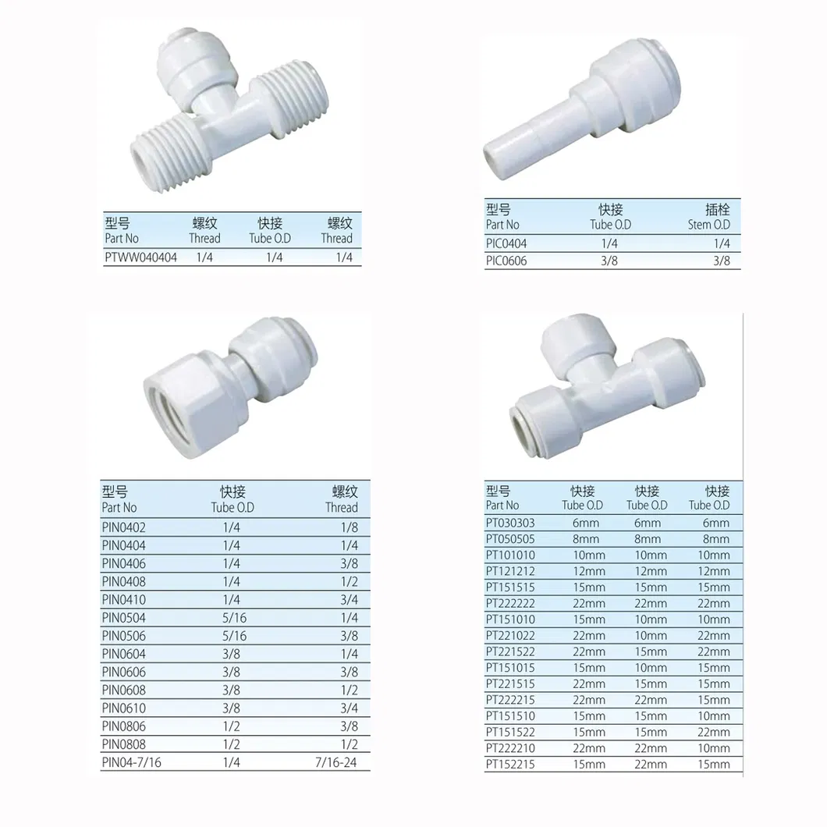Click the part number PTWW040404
(140, 257)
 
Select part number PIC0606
(506, 261)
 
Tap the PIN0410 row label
(123, 600)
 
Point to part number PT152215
(510, 765)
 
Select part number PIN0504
(123, 618)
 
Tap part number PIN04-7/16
(131, 762)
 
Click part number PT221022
(510, 636)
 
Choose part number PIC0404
(506, 243)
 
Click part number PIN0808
(123, 744)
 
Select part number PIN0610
(123, 708)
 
